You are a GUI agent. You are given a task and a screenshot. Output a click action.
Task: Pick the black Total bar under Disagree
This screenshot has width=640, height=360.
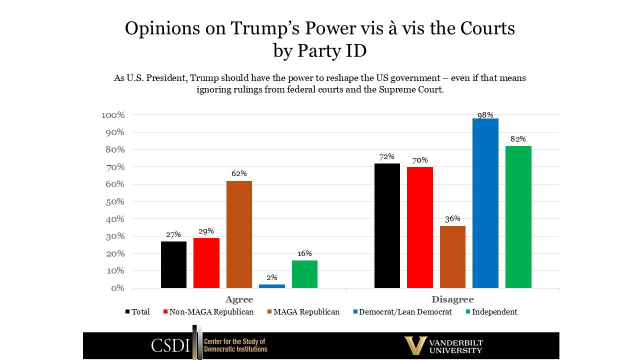387,225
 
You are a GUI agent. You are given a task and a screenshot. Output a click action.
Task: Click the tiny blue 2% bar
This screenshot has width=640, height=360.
271,286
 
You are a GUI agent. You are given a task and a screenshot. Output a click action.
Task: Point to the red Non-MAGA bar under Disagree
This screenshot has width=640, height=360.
419,227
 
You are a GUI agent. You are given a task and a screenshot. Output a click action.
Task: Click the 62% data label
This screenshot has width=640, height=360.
239,173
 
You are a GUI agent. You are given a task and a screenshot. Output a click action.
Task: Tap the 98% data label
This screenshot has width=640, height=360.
485,115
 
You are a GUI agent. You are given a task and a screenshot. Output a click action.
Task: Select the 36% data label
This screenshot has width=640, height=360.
452,218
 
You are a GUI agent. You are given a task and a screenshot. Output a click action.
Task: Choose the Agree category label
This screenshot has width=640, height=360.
239,299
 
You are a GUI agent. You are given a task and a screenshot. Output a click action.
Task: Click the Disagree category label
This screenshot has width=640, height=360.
452,299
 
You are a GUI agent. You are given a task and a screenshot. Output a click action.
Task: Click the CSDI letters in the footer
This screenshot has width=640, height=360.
170,345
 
